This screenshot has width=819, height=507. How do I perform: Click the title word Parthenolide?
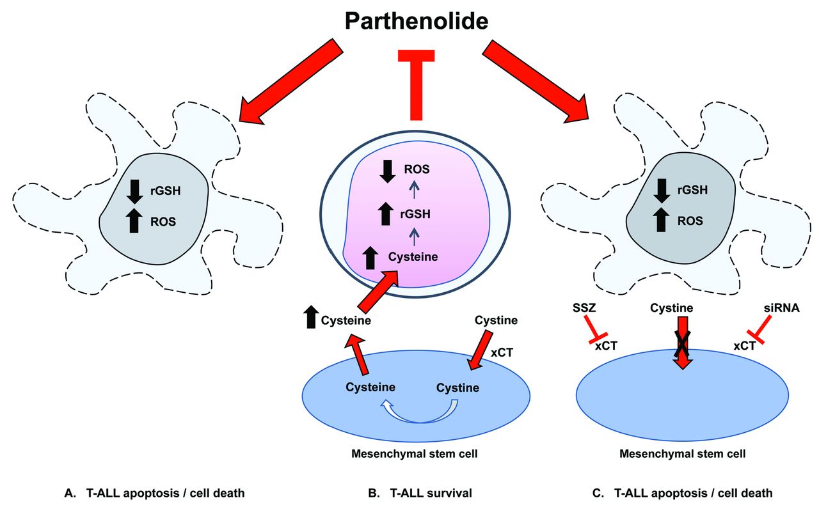(x=417, y=22)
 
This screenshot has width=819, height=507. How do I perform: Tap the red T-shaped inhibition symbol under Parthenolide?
(x=416, y=84)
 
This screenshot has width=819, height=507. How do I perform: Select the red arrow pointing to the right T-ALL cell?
(x=537, y=79)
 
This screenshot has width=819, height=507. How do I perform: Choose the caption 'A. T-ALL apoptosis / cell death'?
(x=155, y=493)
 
